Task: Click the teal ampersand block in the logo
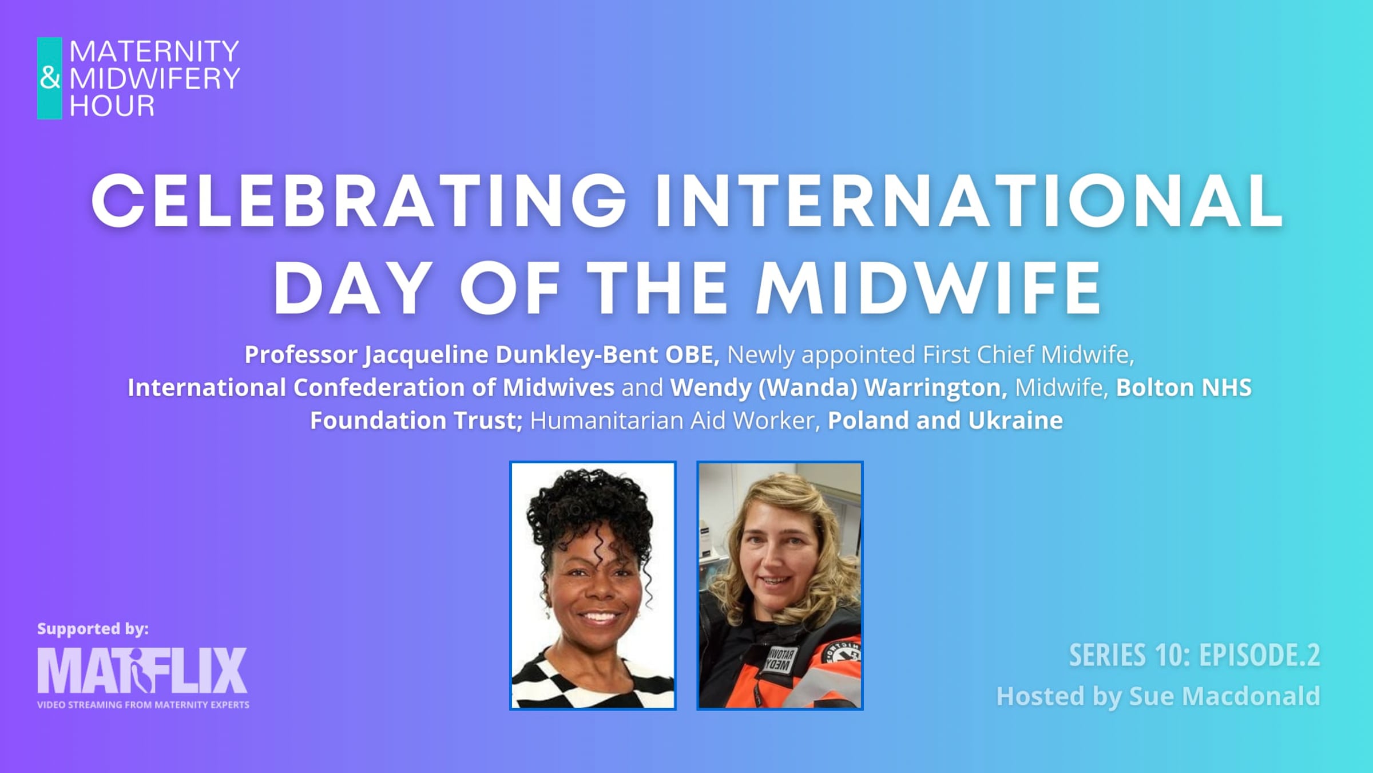(50, 78)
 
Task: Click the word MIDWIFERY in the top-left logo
(154, 78)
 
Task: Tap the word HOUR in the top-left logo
(112, 106)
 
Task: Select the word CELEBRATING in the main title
(359, 200)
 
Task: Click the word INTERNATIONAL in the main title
(969, 200)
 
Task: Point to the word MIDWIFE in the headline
(928, 287)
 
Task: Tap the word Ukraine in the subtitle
(1015, 420)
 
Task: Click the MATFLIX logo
(142, 671)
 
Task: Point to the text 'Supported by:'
(93, 629)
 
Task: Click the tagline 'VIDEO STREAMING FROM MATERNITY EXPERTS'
(143, 705)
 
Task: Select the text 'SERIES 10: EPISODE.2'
(1195, 655)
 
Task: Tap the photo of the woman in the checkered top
(593, 586)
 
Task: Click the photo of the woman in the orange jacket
(780, 586)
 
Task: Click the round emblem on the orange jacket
(843, 654)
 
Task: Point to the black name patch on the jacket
(780, 658)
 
